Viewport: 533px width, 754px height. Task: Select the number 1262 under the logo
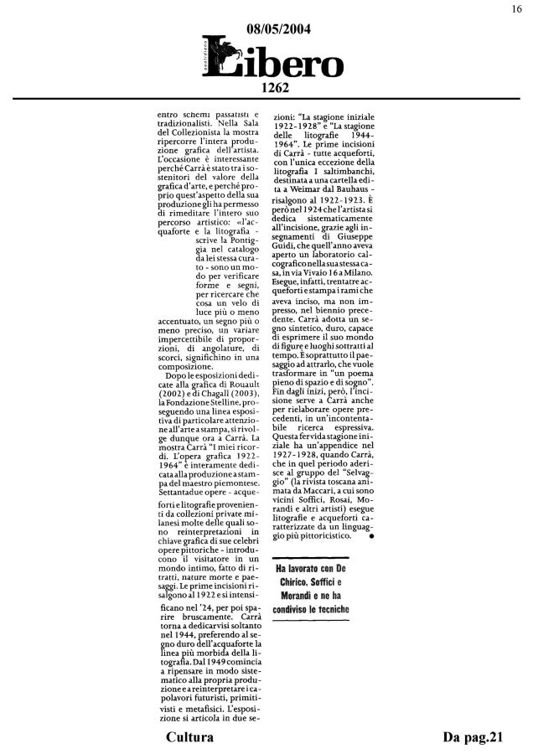coord(275,86)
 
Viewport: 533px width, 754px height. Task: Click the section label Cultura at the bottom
coord(189,737)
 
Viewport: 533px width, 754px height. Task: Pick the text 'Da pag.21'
coord(472,737)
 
